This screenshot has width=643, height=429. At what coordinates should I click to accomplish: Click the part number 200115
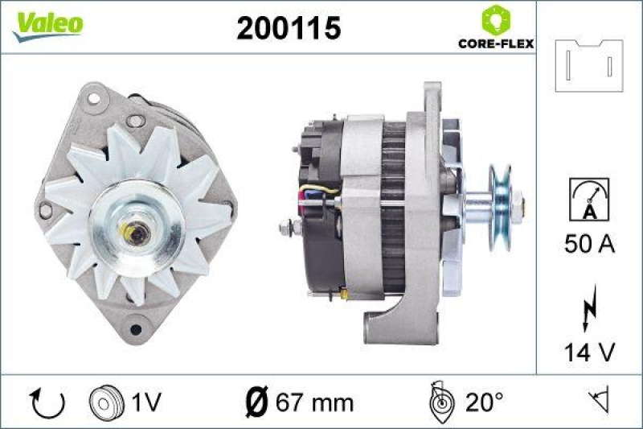point(289,28)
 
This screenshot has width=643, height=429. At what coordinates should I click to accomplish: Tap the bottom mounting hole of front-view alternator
point(135,328)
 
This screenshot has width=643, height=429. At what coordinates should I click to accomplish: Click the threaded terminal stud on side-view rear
point(288,229)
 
